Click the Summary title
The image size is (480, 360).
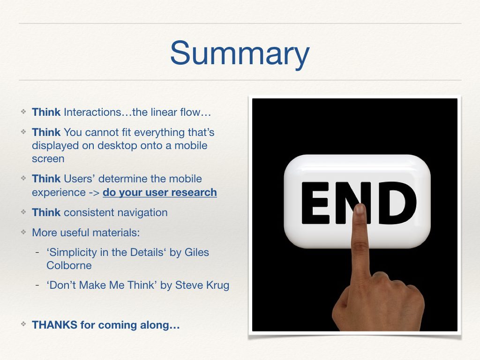click(x=240, y=54)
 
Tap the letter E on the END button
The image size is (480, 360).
click(x=315, y=203)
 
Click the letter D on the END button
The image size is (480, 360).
click(x=397, y=202)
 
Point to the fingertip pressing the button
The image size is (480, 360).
click(x=360, y=209)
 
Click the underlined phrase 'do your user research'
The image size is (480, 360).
click(x=160, y=192)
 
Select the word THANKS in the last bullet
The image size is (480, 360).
click(x=54, y=325)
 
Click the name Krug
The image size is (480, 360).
click(x=217, y=285)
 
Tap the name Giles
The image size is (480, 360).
click(x=196, y=252)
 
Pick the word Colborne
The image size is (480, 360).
click(x=69, y=265)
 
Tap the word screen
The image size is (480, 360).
click(x=48, y=159)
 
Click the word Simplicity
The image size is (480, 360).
click(x=72, y=253)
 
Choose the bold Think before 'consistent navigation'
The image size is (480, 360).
click(x=46, y=212)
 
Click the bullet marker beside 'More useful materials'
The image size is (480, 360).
click(x=23, y=232)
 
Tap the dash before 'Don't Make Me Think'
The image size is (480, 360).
click(x=37, y=285)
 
